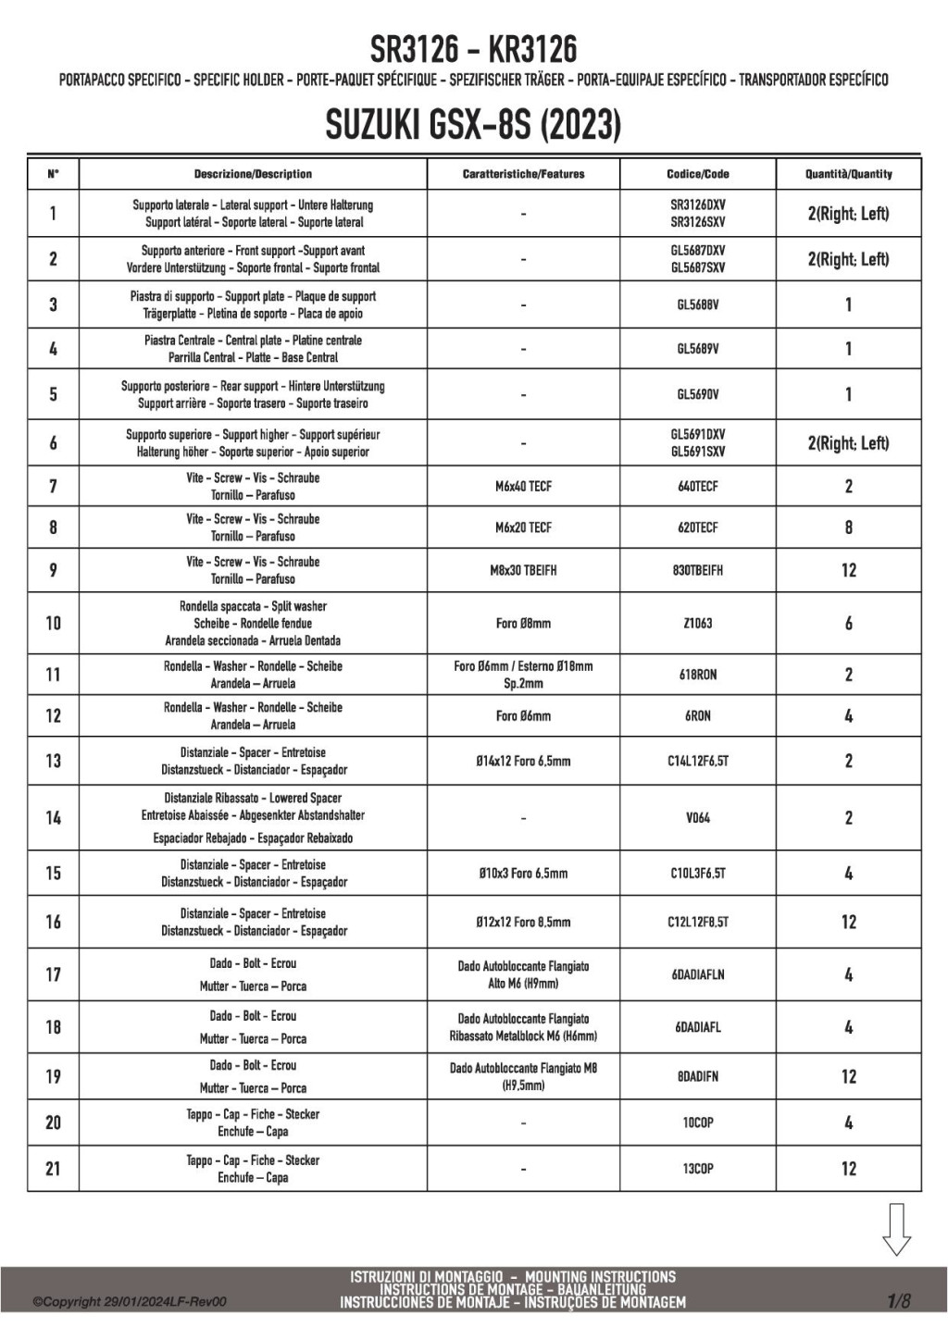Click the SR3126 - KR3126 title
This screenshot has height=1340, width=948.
473,48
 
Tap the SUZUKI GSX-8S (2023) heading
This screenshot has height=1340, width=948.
473,125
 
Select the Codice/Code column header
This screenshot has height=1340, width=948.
697,174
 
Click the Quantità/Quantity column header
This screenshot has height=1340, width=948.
848,174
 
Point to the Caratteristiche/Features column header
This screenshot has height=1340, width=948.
523,174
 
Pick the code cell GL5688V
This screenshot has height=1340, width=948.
697,304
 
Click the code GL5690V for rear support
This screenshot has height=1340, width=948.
697,394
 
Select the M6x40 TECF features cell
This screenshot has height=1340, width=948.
523,486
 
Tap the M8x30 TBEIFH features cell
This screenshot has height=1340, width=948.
523,570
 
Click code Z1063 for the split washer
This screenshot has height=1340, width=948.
697,623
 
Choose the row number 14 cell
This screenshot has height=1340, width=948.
53,817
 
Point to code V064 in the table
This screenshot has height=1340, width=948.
697,817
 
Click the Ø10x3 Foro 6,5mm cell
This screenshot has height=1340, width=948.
523,873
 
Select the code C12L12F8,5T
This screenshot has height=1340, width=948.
697,922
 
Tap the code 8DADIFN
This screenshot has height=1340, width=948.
697,1076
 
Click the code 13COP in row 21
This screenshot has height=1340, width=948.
697,1169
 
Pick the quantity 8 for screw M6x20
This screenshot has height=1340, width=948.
848,527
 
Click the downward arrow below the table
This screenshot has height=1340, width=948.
896,1229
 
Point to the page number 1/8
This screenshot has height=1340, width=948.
898,1301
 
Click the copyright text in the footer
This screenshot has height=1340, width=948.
130,1302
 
